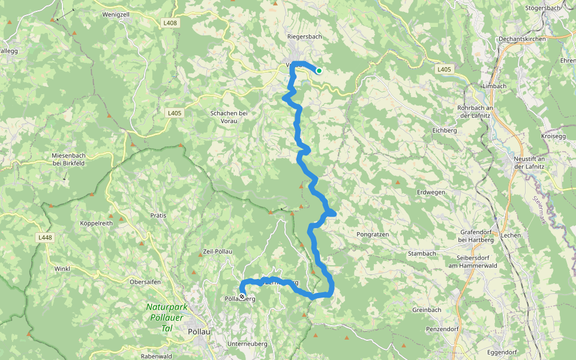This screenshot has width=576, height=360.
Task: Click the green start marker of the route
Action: (319, 71)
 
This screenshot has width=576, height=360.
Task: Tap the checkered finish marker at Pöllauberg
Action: (242, 296)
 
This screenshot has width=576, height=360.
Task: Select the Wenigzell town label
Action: (116, 14)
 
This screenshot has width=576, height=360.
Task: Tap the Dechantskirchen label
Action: (522, 39)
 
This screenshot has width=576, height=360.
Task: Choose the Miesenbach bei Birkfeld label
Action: (69, 160)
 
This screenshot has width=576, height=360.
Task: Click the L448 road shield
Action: (45, 238)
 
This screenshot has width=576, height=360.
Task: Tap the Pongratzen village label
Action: (373, 234)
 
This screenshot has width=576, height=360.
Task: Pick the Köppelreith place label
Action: (96, 223)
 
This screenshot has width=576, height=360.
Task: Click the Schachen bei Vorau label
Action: (229, 117)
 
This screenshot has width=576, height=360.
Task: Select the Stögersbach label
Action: (542, 8)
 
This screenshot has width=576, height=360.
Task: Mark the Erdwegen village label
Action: (431, 192)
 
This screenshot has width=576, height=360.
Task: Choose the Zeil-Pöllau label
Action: (218, 251)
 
